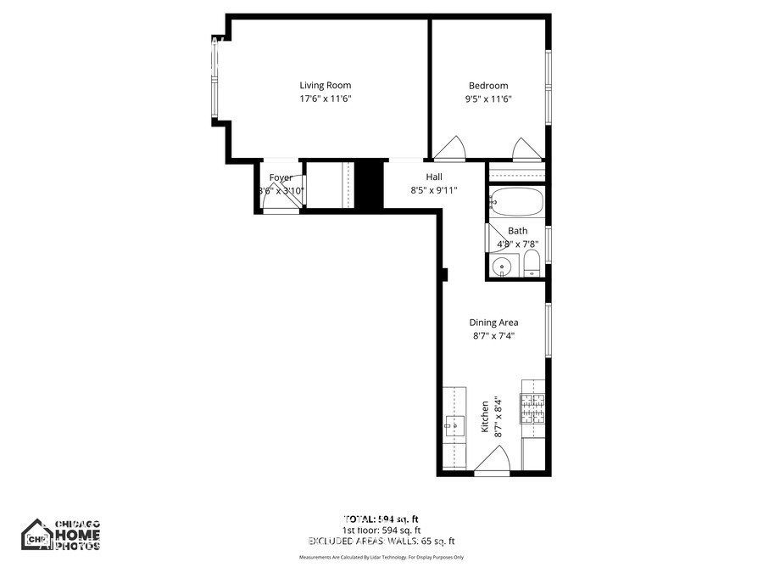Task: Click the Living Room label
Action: coord(325,85)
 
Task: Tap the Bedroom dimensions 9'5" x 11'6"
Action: coord(488,99)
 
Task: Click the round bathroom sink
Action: coord(503,267)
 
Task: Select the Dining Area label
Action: coord(494,323)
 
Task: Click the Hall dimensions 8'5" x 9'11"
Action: coord(434,190)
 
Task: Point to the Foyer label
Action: coord(281,177)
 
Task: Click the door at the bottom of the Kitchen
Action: coord(491,463)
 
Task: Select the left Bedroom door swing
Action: coord(449,149)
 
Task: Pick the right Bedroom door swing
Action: coord(526,149)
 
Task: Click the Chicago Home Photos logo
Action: coord(61,535)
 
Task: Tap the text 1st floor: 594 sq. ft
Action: coord(382,529)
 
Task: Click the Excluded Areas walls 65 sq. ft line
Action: coord(381,541)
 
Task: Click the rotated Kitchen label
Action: coord(485,418)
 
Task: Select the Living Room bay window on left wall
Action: coord(218,81)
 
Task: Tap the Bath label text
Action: coord(517,231)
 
